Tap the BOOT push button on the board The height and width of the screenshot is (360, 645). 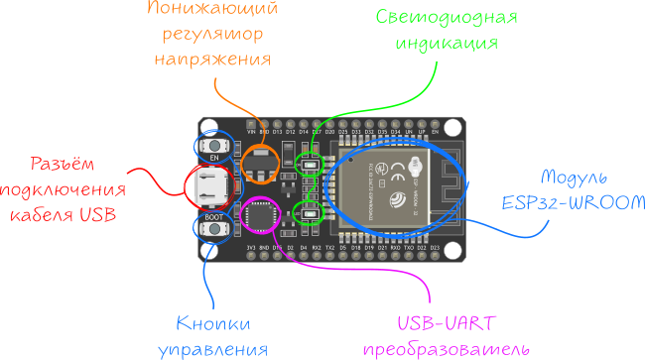[214, 230]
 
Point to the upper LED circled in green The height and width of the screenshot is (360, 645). [310, 160]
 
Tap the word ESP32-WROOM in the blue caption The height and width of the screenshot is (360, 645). [563, 202]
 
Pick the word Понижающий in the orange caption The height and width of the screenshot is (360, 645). [212, 10]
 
